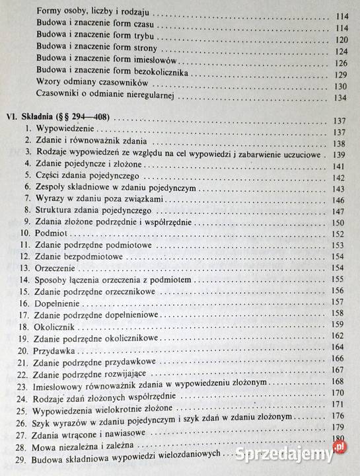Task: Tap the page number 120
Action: pos(340,39)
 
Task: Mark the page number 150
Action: pos(339,223)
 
